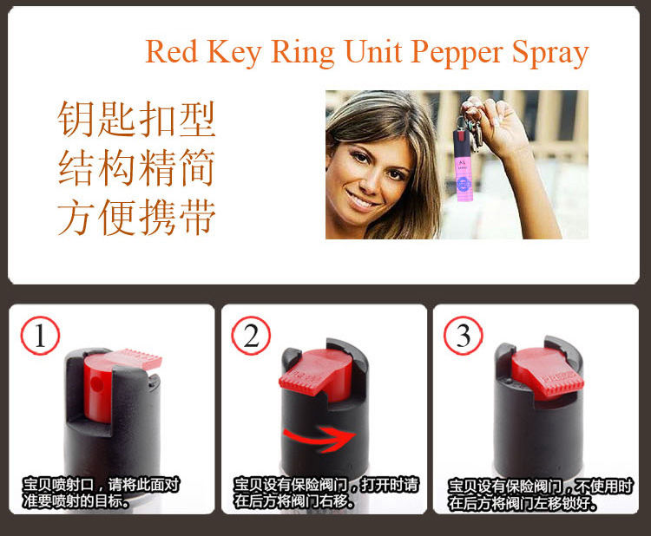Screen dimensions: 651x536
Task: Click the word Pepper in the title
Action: coord(457,54)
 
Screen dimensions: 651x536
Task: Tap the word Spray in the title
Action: coord(550,54)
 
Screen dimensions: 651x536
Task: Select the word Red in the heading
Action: coord(172,51)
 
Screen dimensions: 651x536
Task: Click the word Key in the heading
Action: coord(233,53)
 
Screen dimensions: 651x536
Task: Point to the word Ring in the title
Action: coord(303,53)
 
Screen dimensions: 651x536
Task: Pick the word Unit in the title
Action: coord(373,51)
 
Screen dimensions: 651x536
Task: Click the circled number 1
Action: coord(40,335)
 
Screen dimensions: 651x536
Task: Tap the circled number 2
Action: coord(251,335)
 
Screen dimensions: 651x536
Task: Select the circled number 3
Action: coord(464,335)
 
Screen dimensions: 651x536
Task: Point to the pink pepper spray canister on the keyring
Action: coord(463,165)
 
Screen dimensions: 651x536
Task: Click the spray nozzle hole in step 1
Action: coord(97,384)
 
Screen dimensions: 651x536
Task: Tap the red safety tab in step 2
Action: coord(316,371)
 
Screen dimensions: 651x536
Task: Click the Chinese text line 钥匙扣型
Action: coord(136,120)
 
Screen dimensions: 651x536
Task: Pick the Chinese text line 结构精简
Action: coord(136,167)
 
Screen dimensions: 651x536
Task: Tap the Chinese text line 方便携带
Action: coord(136,217)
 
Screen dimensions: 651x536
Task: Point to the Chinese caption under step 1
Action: coord(101,493)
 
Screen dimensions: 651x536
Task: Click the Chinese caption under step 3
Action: coord(540,494)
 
